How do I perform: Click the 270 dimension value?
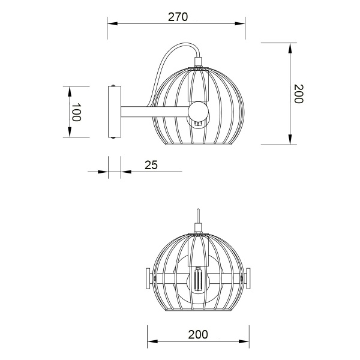pyautogui.click(x=178, y=17)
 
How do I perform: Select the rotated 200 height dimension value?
pyautogui.click(x=299, y=94)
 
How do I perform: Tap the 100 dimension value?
pyautogui.click(x=76, y=112)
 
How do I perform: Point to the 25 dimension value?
pyautogui.click(x=151, y=165)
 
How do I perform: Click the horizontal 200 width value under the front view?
pyautogui.click(x=197, y=334)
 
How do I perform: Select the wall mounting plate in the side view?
pyautogui.click(x=113, y=112)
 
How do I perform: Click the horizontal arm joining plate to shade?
pyautogui.click(x=153, y=112)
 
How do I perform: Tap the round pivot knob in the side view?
pyautogui.click(x=197, y=112)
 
